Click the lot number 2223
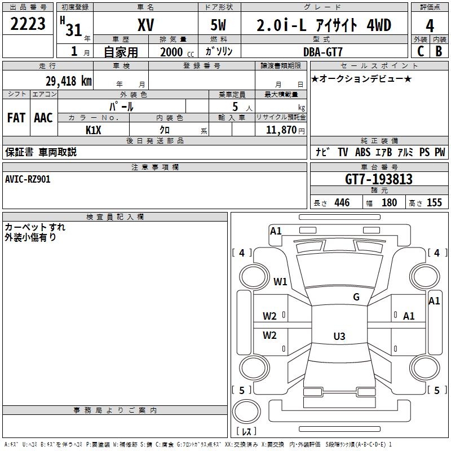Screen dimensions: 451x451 tap(28, 24)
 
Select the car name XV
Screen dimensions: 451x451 tap(146, 25)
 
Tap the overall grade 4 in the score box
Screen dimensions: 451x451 tap(430, 25)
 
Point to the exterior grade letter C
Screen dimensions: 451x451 tap(421, 51)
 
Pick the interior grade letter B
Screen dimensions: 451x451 tap(439, 51)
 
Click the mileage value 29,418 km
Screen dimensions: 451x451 tap(68, 81)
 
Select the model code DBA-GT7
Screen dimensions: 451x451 tap(323, 52)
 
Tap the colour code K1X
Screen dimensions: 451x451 tap(94, 130)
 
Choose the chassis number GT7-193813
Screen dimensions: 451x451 tap(379, 179)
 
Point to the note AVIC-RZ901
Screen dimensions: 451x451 tap(28, 179)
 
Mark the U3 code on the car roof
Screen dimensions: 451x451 tap(339, 336)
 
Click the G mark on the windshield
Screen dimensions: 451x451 tap(356, 297)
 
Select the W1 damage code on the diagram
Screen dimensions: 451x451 tap(280, 281)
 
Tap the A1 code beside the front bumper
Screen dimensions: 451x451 tap(276, 231)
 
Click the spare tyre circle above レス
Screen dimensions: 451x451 tap(246, 412)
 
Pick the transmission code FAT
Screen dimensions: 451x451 tap(16, 118)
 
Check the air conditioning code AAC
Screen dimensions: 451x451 tap(43, 118)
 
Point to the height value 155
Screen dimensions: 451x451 tap(434, 202)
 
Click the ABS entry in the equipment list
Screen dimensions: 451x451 tap(362, 152)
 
